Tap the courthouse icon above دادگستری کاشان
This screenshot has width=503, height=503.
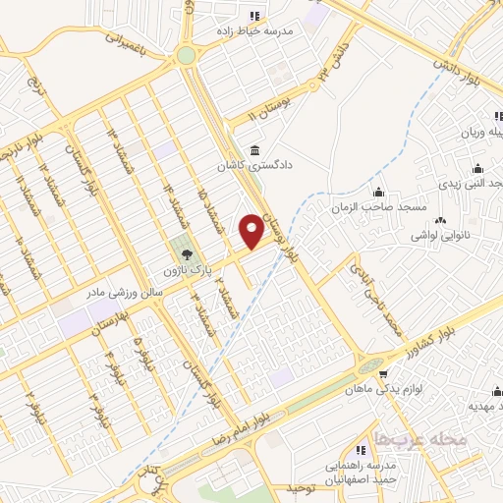pos(255,150)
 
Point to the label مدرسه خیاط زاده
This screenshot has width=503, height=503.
pos(255,30)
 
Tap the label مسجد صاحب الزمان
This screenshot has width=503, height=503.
pos(377,208)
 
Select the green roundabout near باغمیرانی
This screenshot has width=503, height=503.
pos(186,56)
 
